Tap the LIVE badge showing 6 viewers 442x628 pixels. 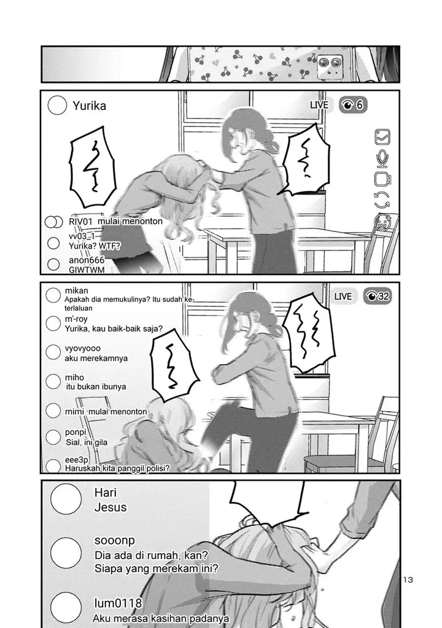(320, 105)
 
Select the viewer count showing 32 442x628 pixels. (378, 297)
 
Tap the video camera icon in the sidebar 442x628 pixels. (383, 179)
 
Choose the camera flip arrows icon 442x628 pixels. (382, 200)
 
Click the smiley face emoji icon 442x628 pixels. (382, 222)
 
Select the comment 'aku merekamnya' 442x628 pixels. (96, 358)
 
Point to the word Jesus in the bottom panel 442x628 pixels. (110, 507)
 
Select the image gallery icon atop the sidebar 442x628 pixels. (382, 136)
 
